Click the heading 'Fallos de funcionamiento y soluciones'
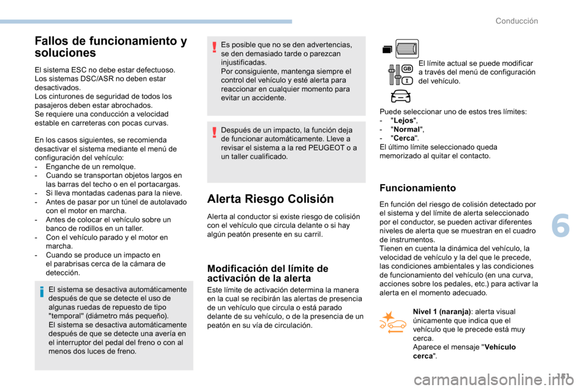coord(111,47)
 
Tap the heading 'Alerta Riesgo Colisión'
coord(270,199)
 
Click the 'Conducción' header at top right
coord(516,21)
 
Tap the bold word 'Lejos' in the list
coord(401,121)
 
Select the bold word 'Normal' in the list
coord(405,130)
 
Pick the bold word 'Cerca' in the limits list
coord(402,138)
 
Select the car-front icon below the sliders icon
coord(400,96)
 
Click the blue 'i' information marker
coord(41,294)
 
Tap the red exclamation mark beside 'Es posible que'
coord(214,46)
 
